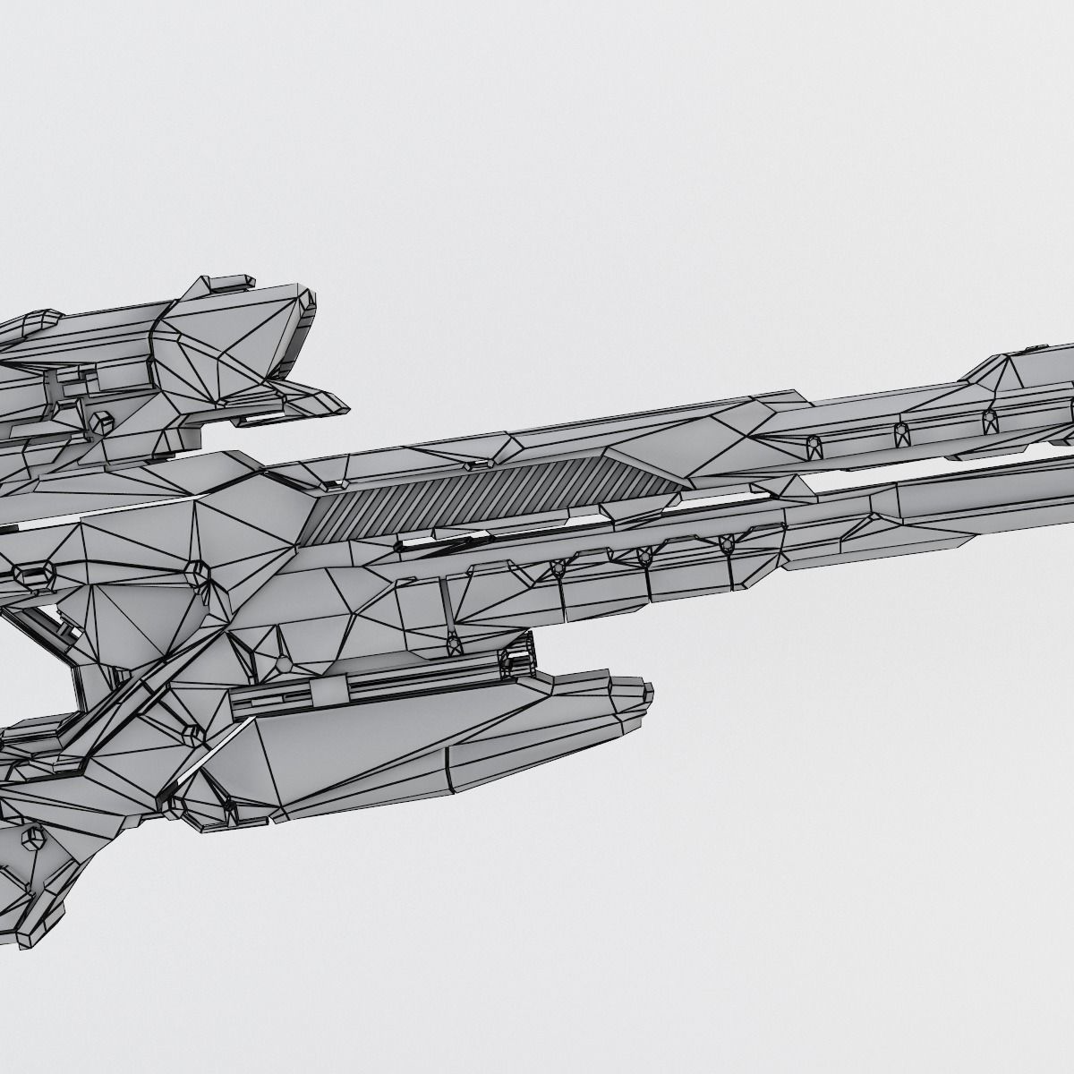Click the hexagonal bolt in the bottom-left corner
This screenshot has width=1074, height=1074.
33,839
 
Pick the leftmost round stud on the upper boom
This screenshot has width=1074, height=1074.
814,442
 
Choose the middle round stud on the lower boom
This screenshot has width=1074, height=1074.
643,558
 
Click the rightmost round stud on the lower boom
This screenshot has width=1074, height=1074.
727,543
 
